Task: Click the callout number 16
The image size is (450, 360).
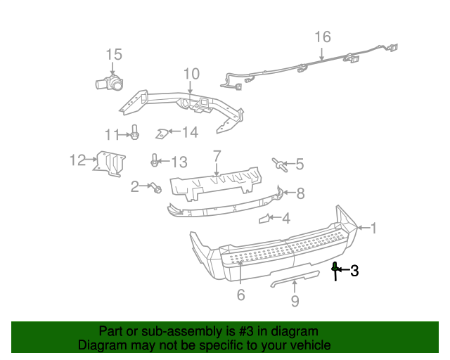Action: (323, 37)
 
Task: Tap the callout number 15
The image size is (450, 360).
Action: (114, 55)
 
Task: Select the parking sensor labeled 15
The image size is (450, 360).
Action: (110, 82)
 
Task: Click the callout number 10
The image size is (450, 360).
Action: (191, 74)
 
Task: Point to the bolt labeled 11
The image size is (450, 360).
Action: (134, 132)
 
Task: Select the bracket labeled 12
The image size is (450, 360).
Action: (110, 164)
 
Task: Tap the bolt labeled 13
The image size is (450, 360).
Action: (155, 160)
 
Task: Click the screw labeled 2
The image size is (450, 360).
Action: (157, 188)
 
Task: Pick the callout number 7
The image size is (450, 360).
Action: (217, 156)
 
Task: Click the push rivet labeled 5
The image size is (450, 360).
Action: (280, 165)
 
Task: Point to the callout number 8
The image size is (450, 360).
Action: (300, 193)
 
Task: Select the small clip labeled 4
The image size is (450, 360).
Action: (264, 219)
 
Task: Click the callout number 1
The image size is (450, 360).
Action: (373, 229)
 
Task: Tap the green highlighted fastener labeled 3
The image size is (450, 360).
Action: (335, 271)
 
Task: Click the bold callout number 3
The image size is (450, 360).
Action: (354, 271)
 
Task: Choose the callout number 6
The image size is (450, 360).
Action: (240, 295)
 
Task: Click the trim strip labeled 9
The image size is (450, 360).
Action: (295, 278)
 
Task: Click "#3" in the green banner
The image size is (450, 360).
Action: (246, 331)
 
